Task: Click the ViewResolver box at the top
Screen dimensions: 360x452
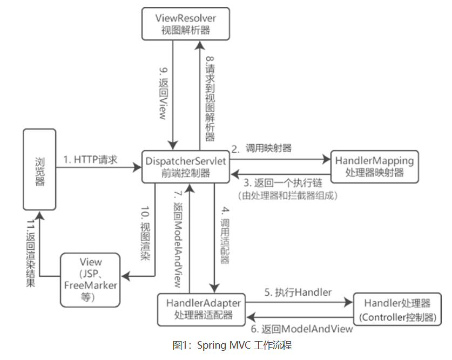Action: pyautogui.click(x=185, y=23)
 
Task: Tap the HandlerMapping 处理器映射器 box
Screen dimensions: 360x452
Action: pyautogui.click(x=374, y=166)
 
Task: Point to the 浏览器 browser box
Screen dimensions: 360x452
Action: pyautogui.click(x=39, y=169)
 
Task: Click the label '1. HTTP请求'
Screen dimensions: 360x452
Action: pyautogui.click(x=90, y=159)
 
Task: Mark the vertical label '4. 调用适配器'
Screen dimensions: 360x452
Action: pyautogui.click(x=225, y=234)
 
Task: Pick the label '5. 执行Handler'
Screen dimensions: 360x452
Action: pyautogui.click(x=298, y=292)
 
